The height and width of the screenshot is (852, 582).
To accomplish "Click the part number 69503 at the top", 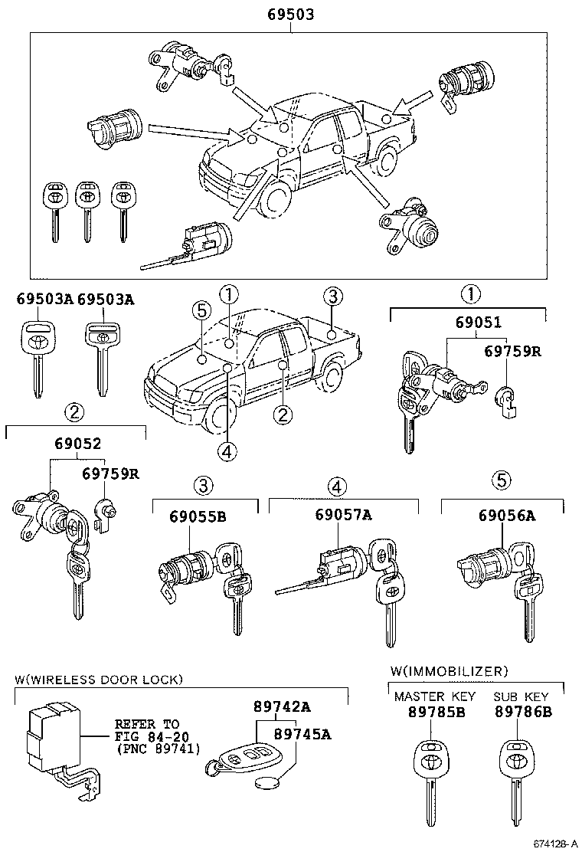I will (x=291, y=15).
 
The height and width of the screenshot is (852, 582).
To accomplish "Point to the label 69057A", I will (x=343, y=516).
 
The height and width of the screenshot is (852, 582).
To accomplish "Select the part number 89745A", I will (x=302, y=734).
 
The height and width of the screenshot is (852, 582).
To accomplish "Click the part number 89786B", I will (x=523, y=712).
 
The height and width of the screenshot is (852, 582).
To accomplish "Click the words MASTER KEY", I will (x=435, y=696).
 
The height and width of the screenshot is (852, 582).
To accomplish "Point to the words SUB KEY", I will (x=521, y=696).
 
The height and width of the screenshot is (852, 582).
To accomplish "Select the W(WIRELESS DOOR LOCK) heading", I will (x=99, y=679).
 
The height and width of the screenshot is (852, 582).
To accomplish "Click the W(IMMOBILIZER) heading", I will (x=449, y=671).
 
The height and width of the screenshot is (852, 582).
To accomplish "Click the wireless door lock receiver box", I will (x=54, y=739).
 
